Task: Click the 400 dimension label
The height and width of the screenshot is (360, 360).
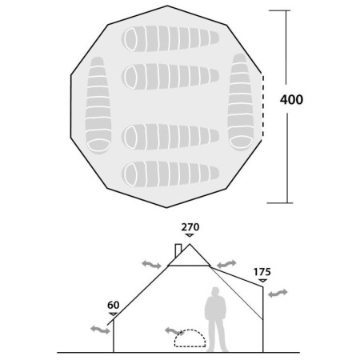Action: [x=291, y=99]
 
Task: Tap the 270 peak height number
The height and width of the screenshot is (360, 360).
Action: [x=190, y=227]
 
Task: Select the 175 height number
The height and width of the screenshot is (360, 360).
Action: [x=262, y=272]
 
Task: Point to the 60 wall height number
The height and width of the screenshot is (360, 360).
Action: [x=114, y=305]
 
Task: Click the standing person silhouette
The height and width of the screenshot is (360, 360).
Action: [x=216, y=319]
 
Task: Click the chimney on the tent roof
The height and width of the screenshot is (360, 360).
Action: [x=178, y=250]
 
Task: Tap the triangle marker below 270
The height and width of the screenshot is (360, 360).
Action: [x=190, y=235]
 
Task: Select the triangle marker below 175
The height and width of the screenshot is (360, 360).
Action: [x=263, y=281]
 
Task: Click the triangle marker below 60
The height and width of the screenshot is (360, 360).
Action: [x=114, y=314]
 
